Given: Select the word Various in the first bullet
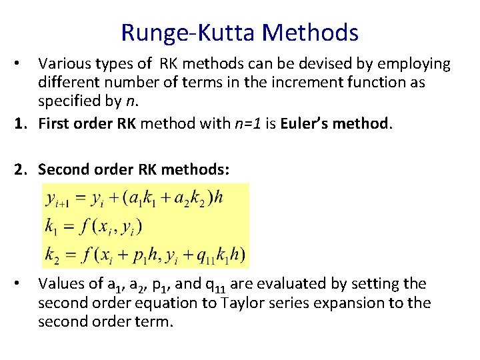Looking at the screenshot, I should click(64, 64).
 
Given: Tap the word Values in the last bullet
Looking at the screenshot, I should click(61, 284).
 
